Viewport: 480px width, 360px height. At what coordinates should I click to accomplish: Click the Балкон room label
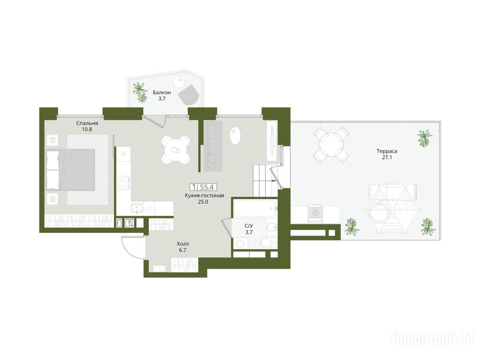(x=162, y=92)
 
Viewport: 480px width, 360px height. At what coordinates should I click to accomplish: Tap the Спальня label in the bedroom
(x=87, y=123)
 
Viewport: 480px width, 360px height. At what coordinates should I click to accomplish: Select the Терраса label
(x=387, y=151)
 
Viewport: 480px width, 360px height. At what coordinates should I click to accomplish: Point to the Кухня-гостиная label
(x=204, y=195)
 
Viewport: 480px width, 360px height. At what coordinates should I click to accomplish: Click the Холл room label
(x=183, y=244)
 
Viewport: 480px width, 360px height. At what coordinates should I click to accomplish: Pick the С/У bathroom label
(x=249, y=226)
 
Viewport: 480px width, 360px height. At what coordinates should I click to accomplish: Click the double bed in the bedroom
(x=70, y=170)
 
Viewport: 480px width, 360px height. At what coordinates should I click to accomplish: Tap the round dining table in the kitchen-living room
(x=176, y=150)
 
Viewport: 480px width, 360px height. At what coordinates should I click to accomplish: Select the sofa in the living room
(x=213, y=146)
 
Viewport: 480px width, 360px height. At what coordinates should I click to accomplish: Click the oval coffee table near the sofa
(x=235, y=135)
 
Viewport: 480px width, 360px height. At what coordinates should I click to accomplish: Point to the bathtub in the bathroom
(x=255, y=209)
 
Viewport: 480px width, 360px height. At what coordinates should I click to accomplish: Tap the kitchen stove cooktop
(x=124, y=183)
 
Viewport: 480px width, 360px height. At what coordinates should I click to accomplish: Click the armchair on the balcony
(x=189, y=95)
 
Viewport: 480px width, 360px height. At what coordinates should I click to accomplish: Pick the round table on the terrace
(x=331, y=144)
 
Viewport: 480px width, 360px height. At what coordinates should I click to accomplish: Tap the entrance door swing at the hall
(x=132, y=248)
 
